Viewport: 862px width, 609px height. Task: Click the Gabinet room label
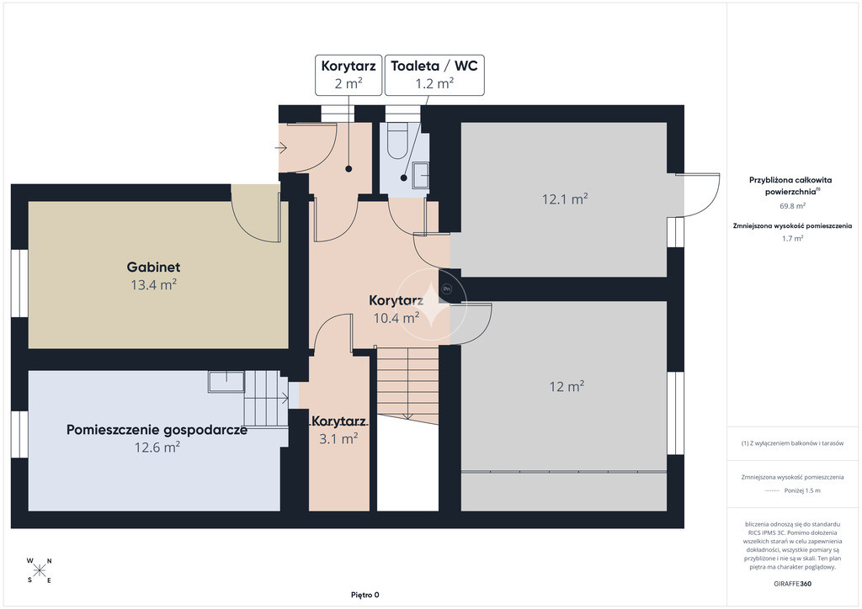coord(153,267)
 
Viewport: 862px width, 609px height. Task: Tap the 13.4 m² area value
coord(153,284)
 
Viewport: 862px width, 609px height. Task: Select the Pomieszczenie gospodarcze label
coord(157,430)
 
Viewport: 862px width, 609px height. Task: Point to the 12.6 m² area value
coord(157,447)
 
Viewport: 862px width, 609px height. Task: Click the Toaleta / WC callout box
coord(434,75)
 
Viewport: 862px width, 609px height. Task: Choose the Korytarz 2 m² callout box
coord(349,75)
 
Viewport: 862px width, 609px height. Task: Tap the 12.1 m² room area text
coord(565,199)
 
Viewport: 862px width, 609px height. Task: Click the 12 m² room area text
coord(567,386)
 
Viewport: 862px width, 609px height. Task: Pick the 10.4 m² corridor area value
coord(396,317)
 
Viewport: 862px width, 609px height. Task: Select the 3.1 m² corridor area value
coord(338,438)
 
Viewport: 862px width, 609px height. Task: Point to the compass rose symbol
coord(39,570)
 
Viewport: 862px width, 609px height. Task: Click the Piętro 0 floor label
coord(365,595)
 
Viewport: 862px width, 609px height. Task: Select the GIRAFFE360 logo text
coord(792,584)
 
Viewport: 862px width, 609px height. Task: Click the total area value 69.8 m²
coord(793,206)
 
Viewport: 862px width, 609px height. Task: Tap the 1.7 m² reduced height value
coord(793,238)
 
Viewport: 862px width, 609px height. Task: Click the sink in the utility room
coord(226,381)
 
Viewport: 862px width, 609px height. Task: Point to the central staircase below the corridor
coord(407,385)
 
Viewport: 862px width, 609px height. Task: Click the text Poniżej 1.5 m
coord(802,491)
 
